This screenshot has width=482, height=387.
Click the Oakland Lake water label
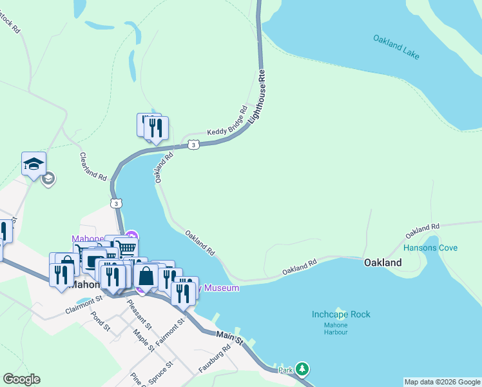(x=396, y=47)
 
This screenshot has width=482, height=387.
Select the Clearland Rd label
(x=93, y=166)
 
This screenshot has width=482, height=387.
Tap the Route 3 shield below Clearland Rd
(x=115, y=204)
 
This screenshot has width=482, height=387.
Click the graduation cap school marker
(x=34, y=164)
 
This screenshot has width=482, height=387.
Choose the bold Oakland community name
(x=383, y=263)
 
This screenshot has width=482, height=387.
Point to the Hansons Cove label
(x=430, y=248)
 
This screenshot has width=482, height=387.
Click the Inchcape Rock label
(x=341, y=315)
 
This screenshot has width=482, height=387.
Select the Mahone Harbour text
(x=336, y=328)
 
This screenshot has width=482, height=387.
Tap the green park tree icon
(x=303, y=370)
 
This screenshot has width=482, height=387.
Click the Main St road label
(x=229, y=336)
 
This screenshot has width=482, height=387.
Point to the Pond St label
(x=102, y=321)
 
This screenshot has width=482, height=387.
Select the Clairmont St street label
(x=84, y=305)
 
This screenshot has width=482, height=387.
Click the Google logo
(x=21, y=379)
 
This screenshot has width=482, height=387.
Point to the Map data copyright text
(x=441, y=382)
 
